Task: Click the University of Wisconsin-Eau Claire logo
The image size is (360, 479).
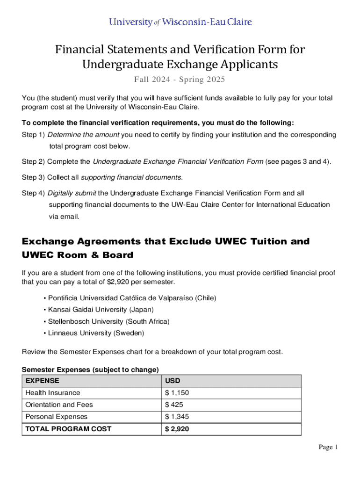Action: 180,22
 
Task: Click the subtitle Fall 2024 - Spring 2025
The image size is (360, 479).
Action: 180,80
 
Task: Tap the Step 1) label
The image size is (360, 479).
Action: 33,135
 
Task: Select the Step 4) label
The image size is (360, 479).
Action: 33,193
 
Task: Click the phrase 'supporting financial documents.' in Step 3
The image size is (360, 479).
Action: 132,177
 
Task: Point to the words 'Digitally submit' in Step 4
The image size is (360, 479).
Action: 72,193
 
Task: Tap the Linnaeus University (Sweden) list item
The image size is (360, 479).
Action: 96,333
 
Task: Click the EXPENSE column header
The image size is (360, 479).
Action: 43,381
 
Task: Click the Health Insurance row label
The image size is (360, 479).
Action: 53,393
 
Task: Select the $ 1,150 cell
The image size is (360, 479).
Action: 177,393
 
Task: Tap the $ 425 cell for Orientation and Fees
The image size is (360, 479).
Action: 174,405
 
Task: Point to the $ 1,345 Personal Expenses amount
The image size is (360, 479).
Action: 177,417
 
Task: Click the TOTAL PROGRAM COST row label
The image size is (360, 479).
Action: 68,429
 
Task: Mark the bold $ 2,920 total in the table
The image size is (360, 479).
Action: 177,429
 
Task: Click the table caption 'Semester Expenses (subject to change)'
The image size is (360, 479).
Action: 90,370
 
